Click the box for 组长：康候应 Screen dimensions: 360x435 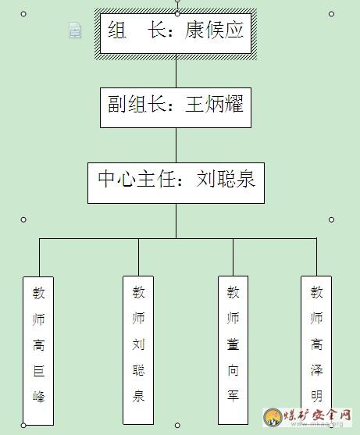coord(175,34)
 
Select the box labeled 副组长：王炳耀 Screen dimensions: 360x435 coord(176,108)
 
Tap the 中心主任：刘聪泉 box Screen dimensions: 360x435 coord(176,183)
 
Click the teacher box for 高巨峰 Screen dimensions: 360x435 coord(38,351)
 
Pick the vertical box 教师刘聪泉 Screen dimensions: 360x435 coord(138,350)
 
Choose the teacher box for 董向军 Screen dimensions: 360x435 coord(233,350)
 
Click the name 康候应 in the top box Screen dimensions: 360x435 coord(214,30)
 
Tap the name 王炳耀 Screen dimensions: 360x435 coord(214,104)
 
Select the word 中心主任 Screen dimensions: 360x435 coord(137,178)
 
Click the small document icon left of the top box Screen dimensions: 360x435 coord(75,30)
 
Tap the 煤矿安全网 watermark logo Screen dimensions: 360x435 coord(308,417)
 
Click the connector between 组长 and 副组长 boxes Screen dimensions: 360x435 coord(176,71)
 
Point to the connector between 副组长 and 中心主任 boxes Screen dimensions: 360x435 coord(176,145)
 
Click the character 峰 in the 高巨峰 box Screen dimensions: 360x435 coord(38,396)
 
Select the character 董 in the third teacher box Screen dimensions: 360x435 coord(233,344)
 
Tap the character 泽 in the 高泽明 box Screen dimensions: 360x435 coord(316,369)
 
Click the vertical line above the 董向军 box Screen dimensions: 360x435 coord(233,257)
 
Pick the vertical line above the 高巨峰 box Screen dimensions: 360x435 coord(39,258)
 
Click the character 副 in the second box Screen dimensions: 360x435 coord(117,104)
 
